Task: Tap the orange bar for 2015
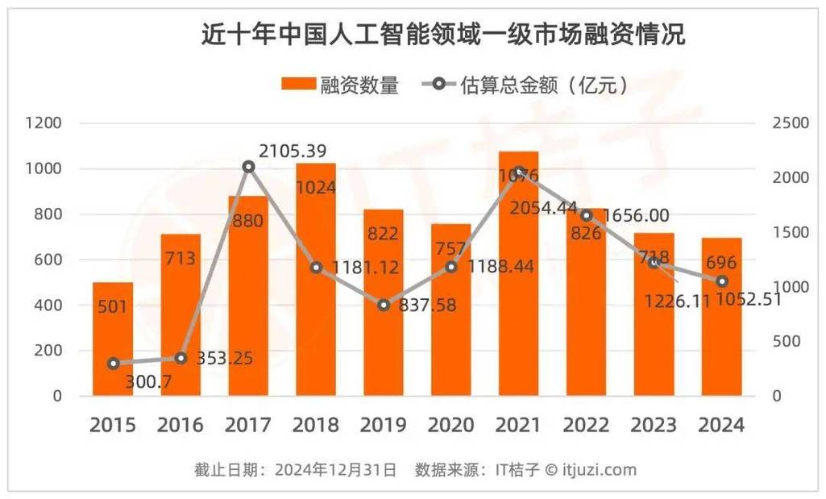click(113, 339)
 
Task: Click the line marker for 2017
click(248, 167)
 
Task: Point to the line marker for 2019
click(384, 305)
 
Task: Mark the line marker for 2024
click(722, 281)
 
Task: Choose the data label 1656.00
click(637, 215)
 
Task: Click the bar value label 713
click(181, 259)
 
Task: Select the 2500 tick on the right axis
click(789, 123)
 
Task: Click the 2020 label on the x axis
click(451, 424)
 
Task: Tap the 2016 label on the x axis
click(181, 424)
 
